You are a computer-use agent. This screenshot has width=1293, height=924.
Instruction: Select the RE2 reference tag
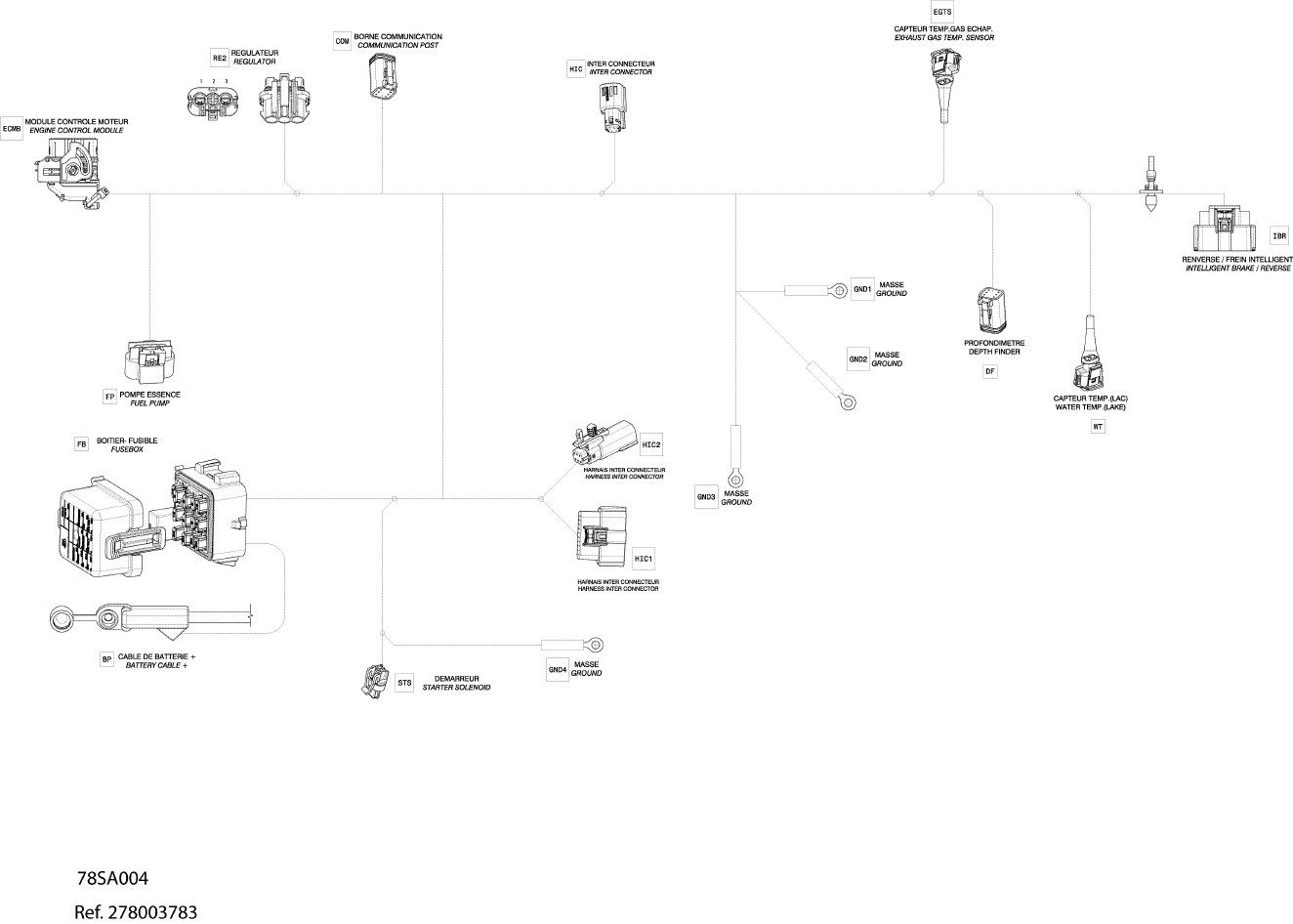click(x=220, y=57)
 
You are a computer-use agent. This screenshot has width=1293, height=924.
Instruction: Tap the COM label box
click(x=342, y=41)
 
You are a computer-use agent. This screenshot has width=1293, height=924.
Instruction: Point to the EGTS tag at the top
click(x=942, y=12)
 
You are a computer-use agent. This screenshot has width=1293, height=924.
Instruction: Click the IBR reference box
click(x=1279, y=235)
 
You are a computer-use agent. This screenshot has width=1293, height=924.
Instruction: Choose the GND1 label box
click(x=861, y=289)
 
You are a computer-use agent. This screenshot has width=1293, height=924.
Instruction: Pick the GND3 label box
click(x=706, y=496)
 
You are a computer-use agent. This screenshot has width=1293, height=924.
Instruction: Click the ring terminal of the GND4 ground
click(x=596, y=644)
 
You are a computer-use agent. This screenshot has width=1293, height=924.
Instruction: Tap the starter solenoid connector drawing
click(x=374, y=682)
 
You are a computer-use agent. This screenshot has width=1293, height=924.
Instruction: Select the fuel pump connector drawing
click(x=150, y=362)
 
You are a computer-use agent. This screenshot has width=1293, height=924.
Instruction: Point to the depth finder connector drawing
click(x=989, y=312)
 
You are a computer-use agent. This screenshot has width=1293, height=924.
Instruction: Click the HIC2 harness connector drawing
click(x=605, y=444)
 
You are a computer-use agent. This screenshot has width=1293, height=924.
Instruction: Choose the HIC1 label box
click(x=644, y=559)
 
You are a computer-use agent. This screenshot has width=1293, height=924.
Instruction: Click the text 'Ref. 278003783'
click(x=136, y=912)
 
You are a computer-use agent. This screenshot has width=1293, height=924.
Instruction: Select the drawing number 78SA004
click(x=112, y=878)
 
